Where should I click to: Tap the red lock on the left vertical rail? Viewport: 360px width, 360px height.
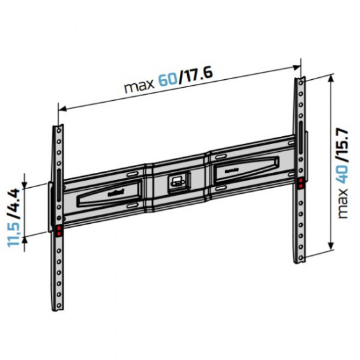click(x=59, y=230)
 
